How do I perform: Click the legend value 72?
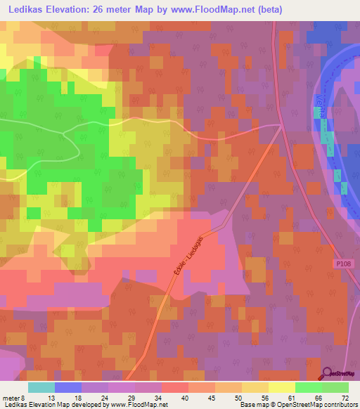[x=344, y=397]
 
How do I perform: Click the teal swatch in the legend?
[x=41, y=387]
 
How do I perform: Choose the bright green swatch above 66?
[x=308, y=387]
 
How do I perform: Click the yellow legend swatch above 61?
[x=281, y=387]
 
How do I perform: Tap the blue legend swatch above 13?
[x=67, y=387]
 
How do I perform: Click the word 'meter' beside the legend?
[x=12, y=397]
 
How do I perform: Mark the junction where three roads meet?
[x=281, y=127]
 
